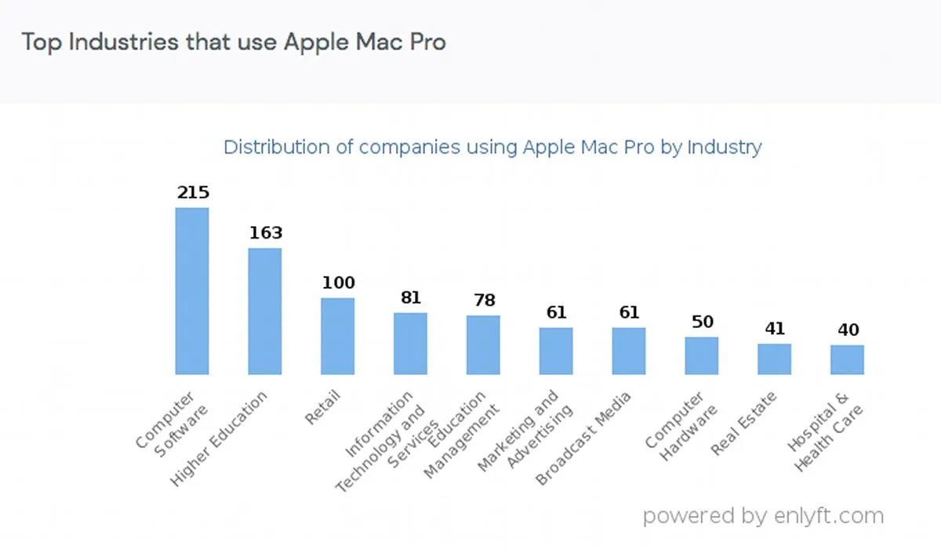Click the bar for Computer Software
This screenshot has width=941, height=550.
(192, 291)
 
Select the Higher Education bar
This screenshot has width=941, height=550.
(265, 311)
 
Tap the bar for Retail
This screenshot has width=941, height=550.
(338, 336)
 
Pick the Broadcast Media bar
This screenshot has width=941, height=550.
(629, 351)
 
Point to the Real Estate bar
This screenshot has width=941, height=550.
(774, 359)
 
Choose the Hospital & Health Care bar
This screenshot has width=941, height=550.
(847, 359)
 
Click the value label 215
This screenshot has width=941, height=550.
(192, 192)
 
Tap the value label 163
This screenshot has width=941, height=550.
(265, 233)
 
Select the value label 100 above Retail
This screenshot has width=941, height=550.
(338, 282)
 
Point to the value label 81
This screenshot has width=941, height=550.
(411, 297)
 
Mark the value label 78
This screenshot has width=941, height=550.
(483, 300)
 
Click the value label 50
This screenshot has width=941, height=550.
(702, 322)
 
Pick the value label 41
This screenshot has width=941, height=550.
(774, 328)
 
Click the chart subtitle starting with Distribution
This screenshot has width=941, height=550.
(492, 147)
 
